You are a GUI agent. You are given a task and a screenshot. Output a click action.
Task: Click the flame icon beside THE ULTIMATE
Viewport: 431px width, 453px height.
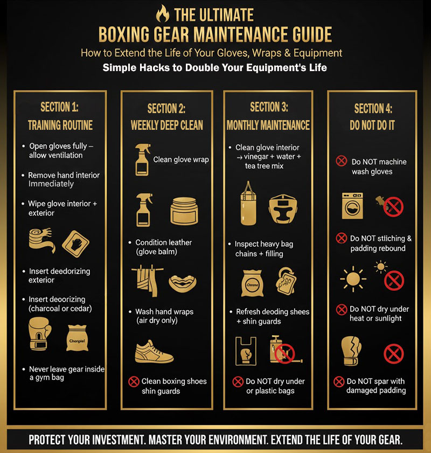coord(161,13)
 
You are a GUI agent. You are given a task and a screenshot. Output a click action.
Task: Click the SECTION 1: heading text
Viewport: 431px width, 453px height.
coord(60,107)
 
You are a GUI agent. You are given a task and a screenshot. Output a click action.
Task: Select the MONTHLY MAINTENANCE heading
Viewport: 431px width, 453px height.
coord(268,125)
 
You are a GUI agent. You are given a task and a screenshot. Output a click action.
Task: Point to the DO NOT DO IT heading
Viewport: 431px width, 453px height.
coord(372,125)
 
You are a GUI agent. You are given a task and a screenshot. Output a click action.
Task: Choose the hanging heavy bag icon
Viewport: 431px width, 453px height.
coord(247,203)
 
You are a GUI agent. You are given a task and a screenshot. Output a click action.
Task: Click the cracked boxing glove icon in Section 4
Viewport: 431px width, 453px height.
coord(352,351)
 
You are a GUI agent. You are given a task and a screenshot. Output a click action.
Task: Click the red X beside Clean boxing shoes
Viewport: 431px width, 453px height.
coord(134,381)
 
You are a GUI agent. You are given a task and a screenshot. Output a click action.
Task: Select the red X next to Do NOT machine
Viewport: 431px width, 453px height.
coord(341,161)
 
